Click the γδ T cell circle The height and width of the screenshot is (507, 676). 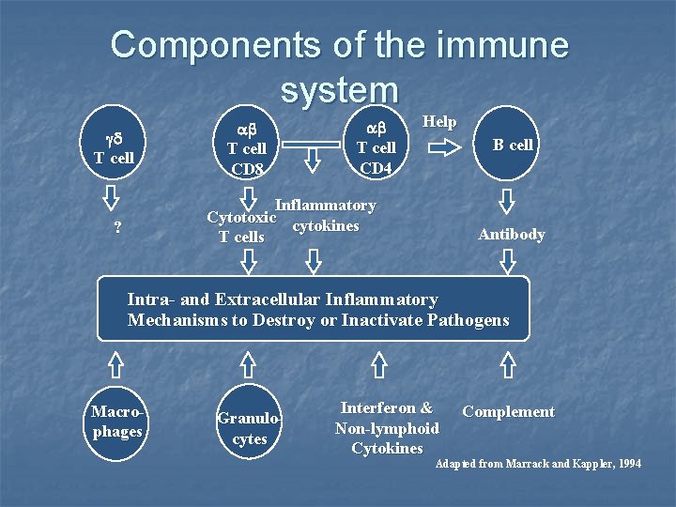[x=114, y=146]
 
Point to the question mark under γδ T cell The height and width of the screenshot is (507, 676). [x=116, y=229]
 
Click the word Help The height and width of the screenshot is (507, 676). [x=439, y=121]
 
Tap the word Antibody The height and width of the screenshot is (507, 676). [x=511, y=234]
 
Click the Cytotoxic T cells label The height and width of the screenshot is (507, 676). [x=241, y=227]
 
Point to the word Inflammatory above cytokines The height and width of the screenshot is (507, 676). [x=325, y=205]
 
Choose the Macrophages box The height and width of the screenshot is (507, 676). [x=117, y=422]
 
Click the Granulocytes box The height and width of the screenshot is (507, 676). [x=249, y=428]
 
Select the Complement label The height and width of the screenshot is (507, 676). [x=508, y=411]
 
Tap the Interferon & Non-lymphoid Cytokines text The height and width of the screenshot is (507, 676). [x=387, y=428]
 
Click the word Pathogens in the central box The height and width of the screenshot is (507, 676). [x=468, y=320]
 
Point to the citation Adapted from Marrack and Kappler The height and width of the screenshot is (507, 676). [x=538, y=464]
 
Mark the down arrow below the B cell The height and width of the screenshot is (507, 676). [x=508, y=201]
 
